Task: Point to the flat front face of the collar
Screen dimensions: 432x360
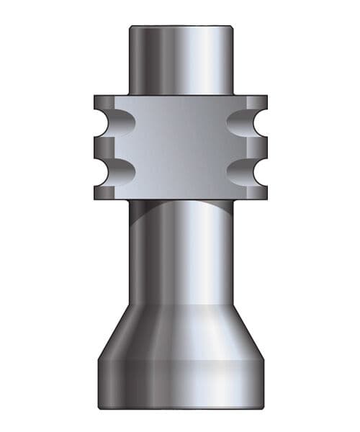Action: (180, 147)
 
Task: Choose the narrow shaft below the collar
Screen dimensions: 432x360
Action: (180, 252)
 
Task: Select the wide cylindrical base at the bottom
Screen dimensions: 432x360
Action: (180, 382)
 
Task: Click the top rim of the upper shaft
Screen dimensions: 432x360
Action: (180, 27)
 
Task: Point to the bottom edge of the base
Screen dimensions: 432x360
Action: (180, 408)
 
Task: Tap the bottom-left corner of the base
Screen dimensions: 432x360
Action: (100, 405)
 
